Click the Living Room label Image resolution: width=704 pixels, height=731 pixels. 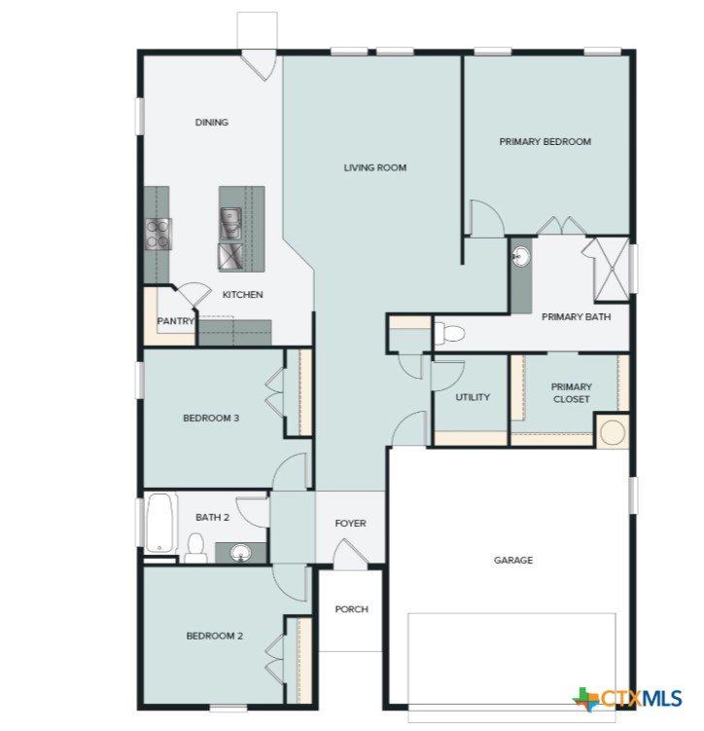(374, 167)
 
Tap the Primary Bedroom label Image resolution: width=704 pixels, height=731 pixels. (546, 142)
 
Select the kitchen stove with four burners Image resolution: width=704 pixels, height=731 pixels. (158, 234)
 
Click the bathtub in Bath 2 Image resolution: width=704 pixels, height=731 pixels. (160, 523)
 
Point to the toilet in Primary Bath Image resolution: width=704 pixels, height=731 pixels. (450, 334)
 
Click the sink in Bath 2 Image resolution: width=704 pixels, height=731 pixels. (240, 553)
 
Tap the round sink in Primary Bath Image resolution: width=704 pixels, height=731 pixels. (521, 257)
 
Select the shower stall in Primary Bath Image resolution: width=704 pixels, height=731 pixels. (611, 270)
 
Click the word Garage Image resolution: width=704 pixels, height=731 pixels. (513, 560)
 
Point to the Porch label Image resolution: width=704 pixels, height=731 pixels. (352, 609)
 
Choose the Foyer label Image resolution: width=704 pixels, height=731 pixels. (351, 524)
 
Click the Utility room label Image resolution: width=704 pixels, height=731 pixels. (473, 397)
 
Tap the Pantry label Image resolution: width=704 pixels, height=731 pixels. (175, 321)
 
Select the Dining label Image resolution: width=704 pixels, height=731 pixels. (212, 122)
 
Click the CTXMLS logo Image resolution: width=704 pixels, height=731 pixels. (627, 698)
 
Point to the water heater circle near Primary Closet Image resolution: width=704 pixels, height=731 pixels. (612, 432)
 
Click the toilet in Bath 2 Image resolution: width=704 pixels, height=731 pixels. (195, 549)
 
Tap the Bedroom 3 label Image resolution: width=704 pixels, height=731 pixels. (211, 419)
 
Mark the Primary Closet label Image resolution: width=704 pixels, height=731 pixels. (572, 393)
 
